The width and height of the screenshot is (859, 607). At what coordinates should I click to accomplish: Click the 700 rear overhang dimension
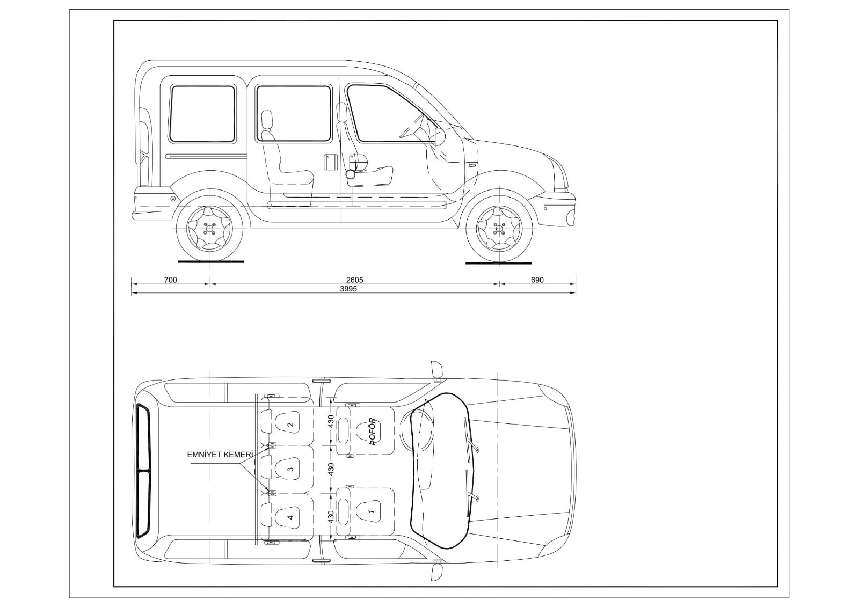(x=170, y=280)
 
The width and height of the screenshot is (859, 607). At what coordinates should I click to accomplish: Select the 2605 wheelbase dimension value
(x=354, y=280)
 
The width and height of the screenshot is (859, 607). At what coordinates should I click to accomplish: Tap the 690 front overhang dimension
(x=537, y=280)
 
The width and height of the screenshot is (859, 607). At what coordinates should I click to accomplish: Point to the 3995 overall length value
(x=348, y=289)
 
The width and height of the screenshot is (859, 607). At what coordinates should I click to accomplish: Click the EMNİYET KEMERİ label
(x=220, y=455)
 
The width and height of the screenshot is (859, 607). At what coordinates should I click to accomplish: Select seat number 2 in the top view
(x=290, y=425)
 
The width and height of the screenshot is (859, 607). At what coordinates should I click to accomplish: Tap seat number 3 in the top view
(x=290, y=469)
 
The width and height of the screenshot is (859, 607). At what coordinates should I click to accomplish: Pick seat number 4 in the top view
(x=290, y=517)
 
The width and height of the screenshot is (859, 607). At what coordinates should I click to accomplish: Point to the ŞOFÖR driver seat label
(x=372, y=432)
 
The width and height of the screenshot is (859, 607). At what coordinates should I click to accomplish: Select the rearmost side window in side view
(x=203, y=114)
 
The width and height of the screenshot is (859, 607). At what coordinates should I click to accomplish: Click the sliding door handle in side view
(x=330, y=162)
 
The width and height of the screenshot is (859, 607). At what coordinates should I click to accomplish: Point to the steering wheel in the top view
(x=424, y=429)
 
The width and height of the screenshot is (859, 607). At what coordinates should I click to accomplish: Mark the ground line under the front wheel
(x=498, y=263)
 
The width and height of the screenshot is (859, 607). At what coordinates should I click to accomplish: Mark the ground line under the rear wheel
(x=211, y=262)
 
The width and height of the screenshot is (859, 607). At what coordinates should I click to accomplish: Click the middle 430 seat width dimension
(x=331, y=469)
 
